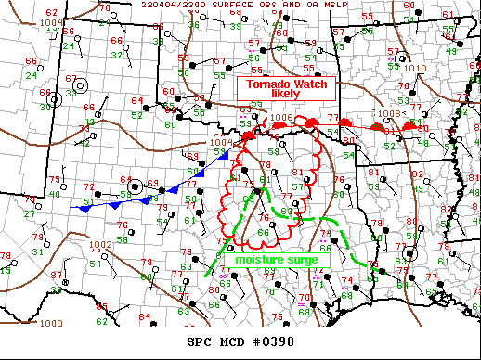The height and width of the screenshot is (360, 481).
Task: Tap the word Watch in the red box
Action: (x=308, y=84)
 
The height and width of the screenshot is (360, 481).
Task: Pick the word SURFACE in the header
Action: (x=257, y=5)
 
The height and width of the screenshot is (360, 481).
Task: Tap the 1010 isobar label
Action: (x=415, y=68)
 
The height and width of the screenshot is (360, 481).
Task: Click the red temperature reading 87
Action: (x=57, y=276)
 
